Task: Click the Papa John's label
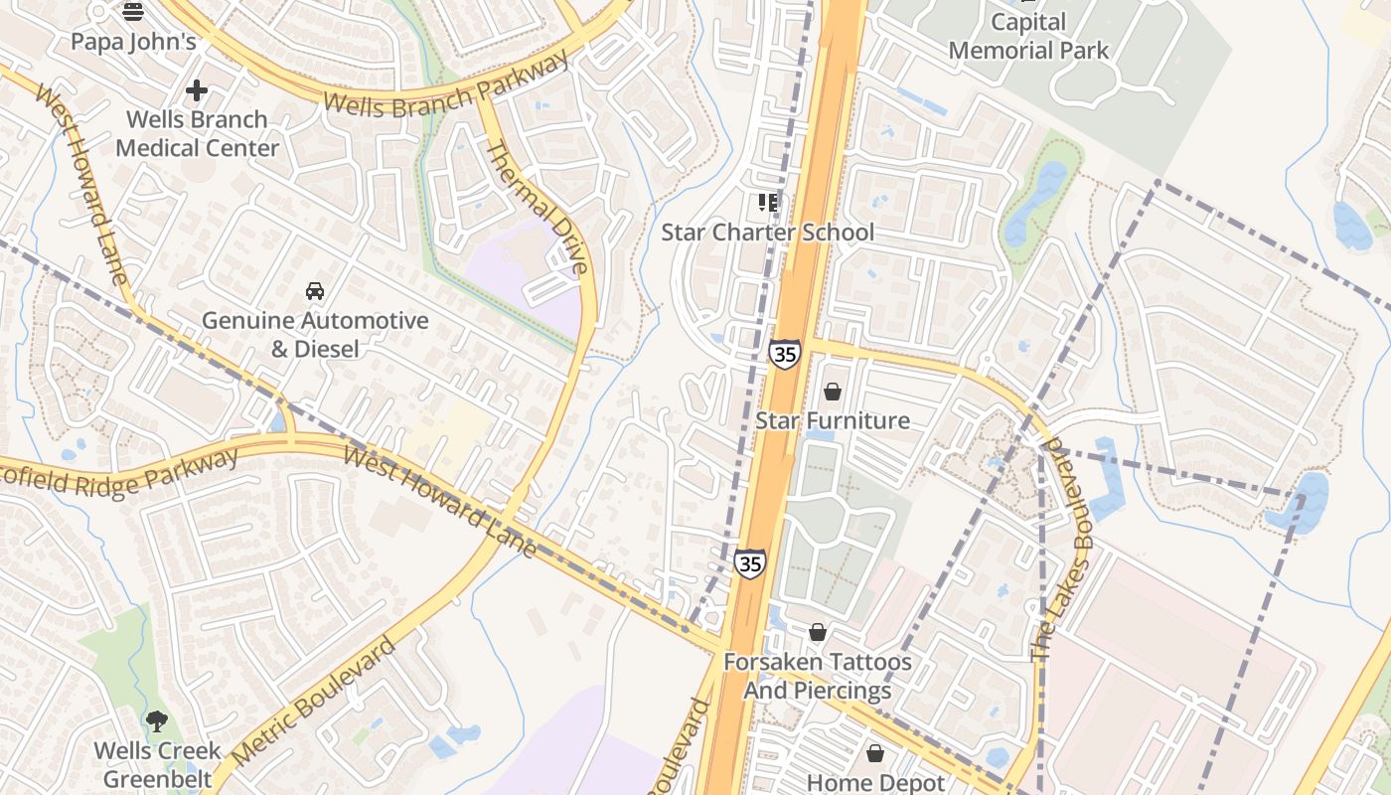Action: [x=133, y=42]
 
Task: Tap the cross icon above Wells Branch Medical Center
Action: [x=197, y=90]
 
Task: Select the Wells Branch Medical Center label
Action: [x=197, y=133]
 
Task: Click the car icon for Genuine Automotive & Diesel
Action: [x=315, y=291]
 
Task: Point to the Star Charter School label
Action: [x=768, y=233]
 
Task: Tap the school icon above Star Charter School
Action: [x=768, y=203]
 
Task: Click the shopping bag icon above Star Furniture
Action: [x=833, y=392]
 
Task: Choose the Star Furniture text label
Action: [x=833, y=420]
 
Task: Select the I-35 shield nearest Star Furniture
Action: [x=784, y=353]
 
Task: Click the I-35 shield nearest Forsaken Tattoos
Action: [x=750, y=562]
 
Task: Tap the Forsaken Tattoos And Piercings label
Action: [x=817, y=676]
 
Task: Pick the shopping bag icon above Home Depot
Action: [x=875, y=753]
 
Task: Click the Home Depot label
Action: [x=875, y=782]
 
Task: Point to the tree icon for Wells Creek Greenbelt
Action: [x=156, y=720]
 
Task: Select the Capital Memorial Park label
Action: [x=1028, y=36]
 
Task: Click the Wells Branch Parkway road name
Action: [x=447, y=85]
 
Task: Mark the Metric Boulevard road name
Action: [x=303, y=701]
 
